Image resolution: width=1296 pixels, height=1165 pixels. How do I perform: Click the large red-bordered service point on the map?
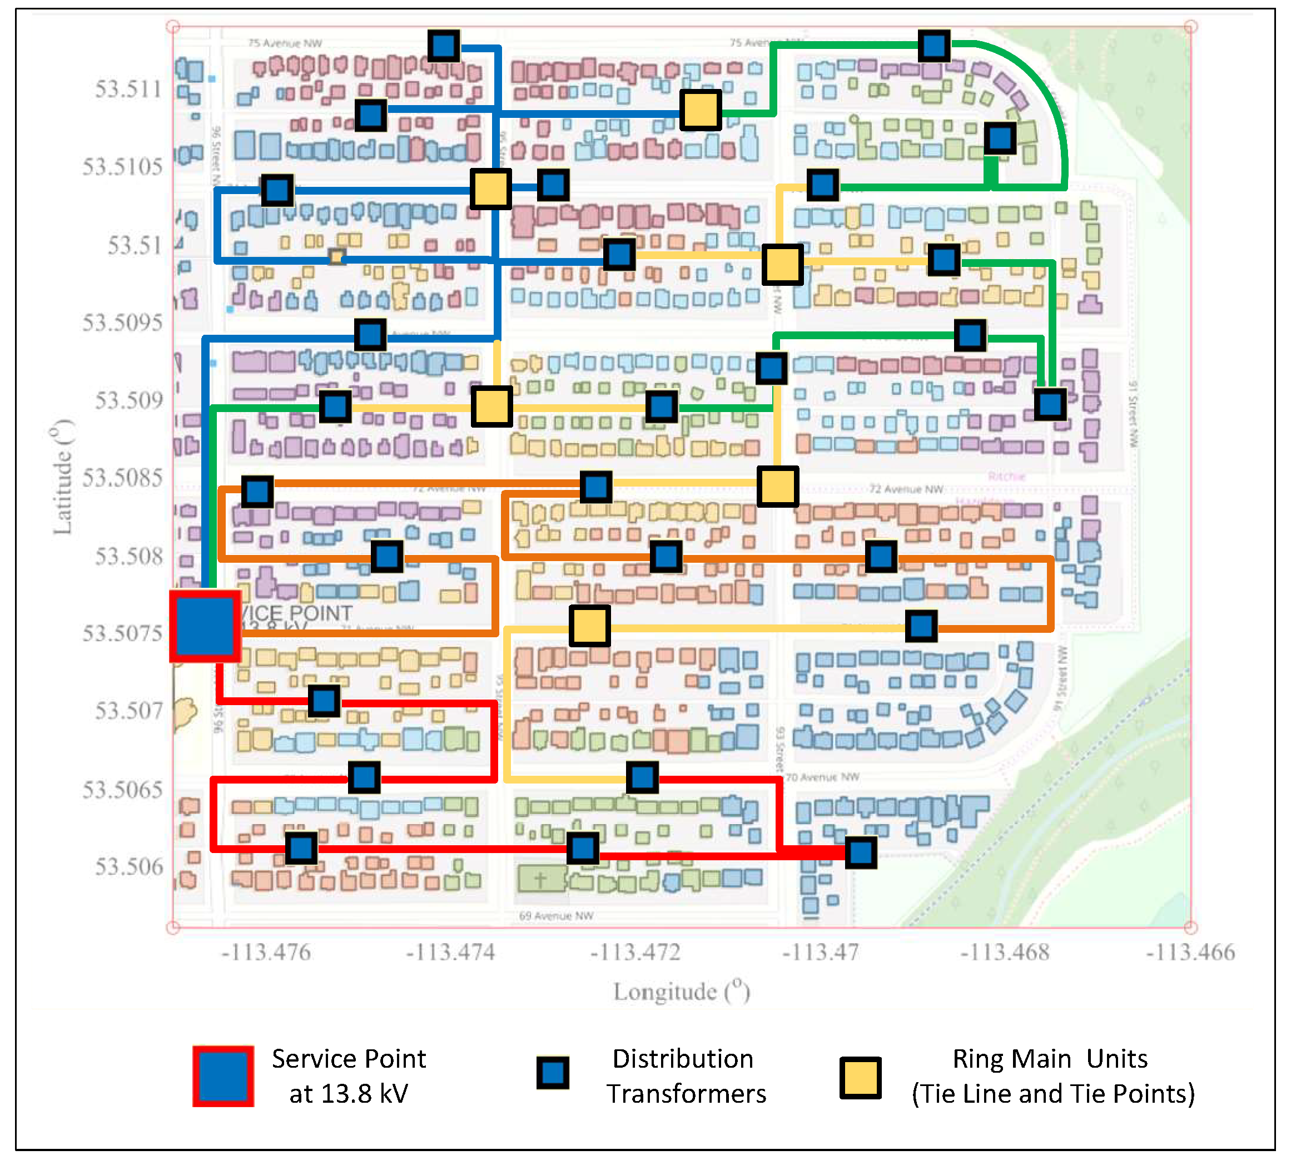click(205, 626)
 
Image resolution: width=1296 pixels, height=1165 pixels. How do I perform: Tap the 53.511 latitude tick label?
click(128, 89)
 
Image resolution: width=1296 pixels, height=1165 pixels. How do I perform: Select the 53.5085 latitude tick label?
click(122, 478)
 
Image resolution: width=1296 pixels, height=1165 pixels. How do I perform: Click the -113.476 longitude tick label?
click(266, 953)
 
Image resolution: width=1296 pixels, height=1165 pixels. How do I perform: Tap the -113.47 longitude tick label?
click(821, 953)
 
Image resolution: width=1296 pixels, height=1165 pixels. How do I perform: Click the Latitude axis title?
click(63, 477)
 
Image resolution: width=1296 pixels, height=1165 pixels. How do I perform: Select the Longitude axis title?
click(681, 992)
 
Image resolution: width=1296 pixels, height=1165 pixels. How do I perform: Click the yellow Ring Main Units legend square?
click(861, 1078)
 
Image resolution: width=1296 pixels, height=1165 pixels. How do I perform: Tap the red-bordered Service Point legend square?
click(224, 1076)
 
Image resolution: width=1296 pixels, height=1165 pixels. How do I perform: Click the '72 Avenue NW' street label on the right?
click(906, 489)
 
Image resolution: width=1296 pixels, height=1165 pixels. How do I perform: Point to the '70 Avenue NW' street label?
click(822, 777)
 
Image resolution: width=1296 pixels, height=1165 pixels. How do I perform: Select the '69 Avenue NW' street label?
click(555, 916)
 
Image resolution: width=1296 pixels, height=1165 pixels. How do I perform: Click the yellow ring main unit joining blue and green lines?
click(701, 110)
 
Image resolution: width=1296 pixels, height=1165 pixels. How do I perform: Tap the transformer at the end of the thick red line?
click(861, 852)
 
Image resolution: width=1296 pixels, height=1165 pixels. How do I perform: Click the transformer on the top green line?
click(933, 46)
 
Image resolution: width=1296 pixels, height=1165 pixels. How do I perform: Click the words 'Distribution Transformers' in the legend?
click(686, 1077)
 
